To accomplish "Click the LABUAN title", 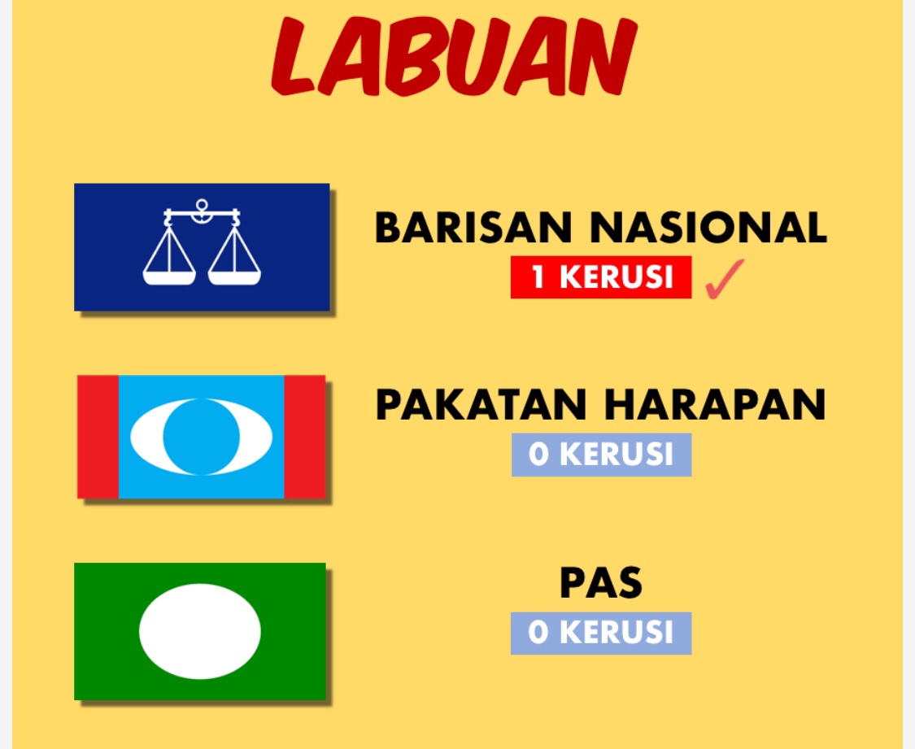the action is pyautogui.click(x=454, y=57).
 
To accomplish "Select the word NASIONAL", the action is pyautogui.click(x=708, y=227).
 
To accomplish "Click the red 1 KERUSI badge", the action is pyautogui.click(x=601, y=277).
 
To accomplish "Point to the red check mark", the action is pyautogui.click(x=724, y=280).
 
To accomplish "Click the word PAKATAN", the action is pyautogui.click(x=481, y=404).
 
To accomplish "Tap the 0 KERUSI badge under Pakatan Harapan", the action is pyautogui.click(x=602, y=455).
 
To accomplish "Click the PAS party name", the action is pyautogui.click(x=601, y=582).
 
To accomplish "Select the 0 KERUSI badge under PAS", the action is pyautogui.click(x=601, y=633).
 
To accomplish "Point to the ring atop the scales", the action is pyautogui.click(x=202, y=205).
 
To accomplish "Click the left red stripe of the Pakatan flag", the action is pyautogui.click(x=98, y=437).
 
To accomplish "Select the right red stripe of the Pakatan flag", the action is pyautogui.click(x=305, y=437).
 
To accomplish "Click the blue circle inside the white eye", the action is pyautogui.click(x=202, y=437).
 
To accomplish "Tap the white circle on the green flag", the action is pyautogui.click(x=200, y=631).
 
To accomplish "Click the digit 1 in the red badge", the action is pyautogui.click(x=538, y=277).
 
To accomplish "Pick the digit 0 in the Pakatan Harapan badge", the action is pyautogui.click(x=538, y=455).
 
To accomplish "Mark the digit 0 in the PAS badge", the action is pyautogui.click(x=538, y=633).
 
